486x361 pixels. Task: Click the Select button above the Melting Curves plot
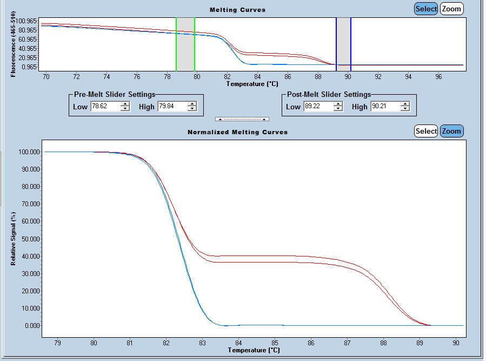point(426,9)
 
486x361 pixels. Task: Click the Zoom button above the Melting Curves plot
point(451,9)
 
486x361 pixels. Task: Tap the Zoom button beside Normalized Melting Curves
point(451,131)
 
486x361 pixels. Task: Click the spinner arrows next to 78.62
point(125,107)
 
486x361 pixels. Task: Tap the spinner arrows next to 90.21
point(405,107)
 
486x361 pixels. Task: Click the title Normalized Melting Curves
point(237,132)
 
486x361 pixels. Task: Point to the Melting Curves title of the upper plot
point(237,10)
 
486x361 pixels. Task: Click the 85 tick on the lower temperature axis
point(275,342)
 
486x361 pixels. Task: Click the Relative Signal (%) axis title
point(14,238)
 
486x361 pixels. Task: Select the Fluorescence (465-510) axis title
point(13,48)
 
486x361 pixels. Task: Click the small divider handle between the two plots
point(242,119)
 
